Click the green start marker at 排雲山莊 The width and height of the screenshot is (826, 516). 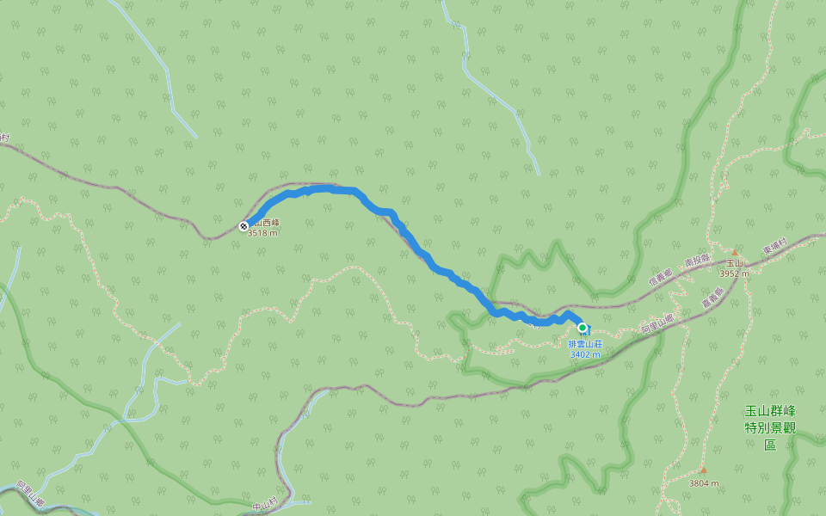tap(583, 328)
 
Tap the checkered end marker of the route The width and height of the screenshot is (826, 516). tap(243, 226)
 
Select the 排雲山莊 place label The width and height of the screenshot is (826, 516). tap(585, 344)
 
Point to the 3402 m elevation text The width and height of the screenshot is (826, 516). tap(585, 353)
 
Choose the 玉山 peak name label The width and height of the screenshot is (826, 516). tap(734, 263)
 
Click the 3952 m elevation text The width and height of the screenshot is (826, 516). tap(734, 273)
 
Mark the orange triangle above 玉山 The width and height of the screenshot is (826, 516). tap(735, 253)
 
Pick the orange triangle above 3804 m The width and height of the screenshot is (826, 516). tap(703, 470)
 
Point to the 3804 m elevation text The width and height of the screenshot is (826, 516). tap(704, 483)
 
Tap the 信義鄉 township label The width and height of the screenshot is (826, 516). tap(663, 276)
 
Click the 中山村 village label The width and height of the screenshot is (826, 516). tap(266, 504)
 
